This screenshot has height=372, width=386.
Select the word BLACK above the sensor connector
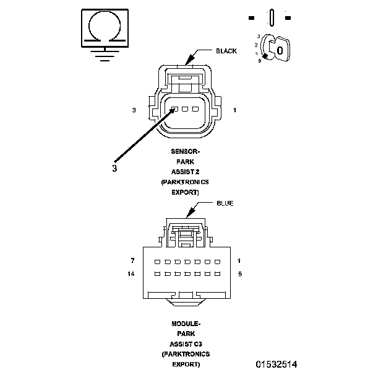226,51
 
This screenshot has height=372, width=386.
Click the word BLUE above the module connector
225,203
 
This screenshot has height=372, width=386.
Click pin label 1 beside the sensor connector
234,110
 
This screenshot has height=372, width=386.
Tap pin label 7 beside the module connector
133,261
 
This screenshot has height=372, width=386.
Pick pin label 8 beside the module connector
239,273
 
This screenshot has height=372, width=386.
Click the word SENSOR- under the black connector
186,151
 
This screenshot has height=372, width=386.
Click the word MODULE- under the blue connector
186,324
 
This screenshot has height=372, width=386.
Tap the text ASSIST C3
186,343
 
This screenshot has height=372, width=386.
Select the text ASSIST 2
186,172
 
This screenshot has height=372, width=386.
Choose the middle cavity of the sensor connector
185,109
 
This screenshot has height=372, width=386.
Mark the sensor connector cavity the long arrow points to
175,109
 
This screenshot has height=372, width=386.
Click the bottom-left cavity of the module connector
157,273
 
